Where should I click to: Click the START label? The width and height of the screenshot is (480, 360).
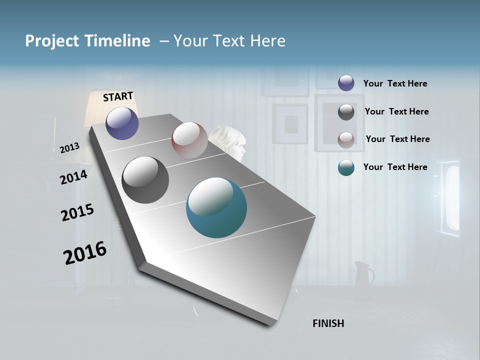(118, 96)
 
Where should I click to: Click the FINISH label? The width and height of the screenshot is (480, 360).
(328, 323)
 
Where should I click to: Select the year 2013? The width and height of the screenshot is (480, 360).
(70, 148)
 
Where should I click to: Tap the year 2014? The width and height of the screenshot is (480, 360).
(73, 177)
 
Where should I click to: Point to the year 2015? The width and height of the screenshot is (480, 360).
(77, 212)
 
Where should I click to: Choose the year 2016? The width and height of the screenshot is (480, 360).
(85, 253)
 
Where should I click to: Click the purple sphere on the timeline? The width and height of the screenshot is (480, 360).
(122, 123)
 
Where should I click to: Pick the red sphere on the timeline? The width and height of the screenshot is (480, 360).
(189, 140)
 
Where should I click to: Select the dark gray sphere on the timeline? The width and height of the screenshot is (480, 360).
(145, 180)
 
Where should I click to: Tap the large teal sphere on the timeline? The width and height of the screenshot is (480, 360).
(216, 207)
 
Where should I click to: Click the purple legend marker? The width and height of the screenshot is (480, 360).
(346, 83)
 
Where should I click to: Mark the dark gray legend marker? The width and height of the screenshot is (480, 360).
(346, 112)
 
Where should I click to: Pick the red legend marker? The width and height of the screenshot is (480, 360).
(346, 140)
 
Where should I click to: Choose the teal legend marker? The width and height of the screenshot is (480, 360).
(346, 167)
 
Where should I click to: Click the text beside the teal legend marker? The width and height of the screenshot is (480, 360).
(395, 167)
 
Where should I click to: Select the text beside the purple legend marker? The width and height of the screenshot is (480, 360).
(395, 83)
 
